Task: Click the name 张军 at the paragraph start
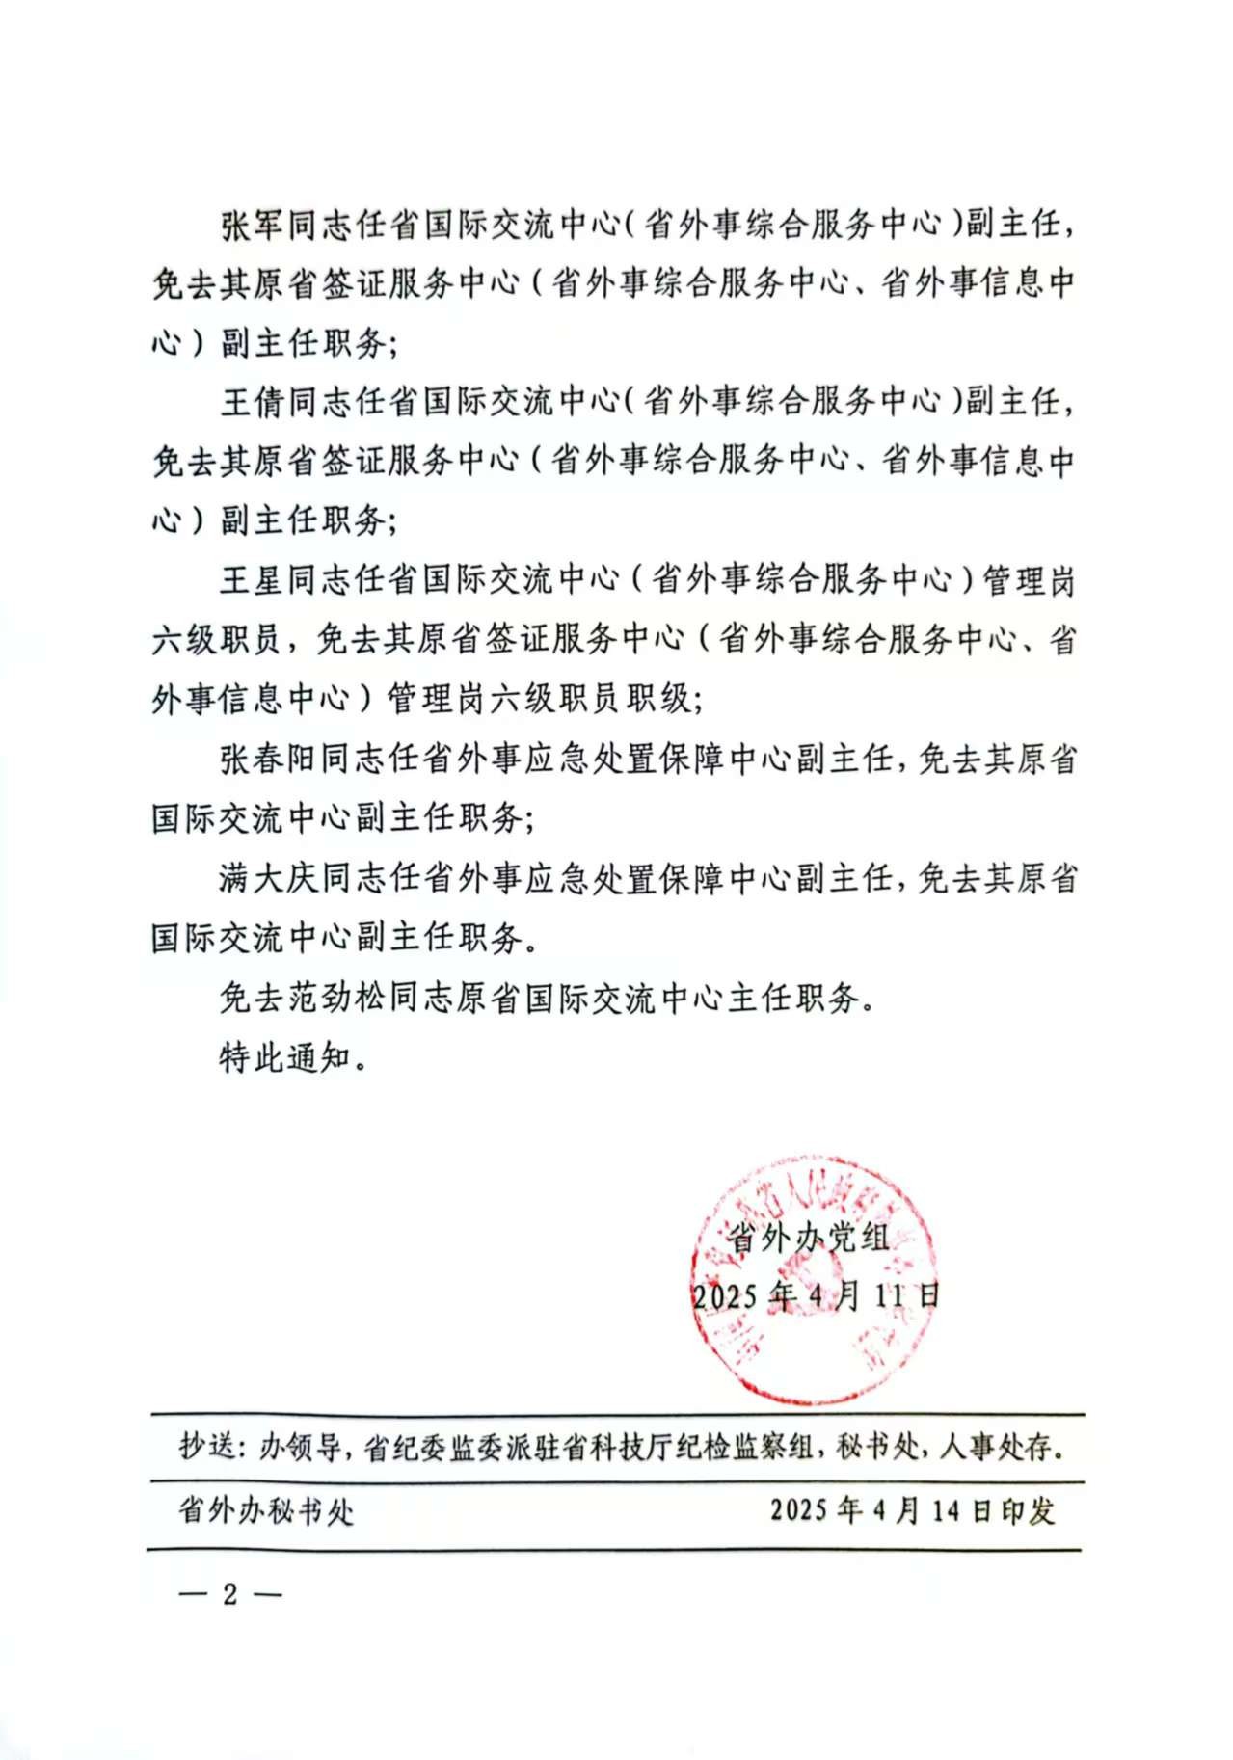coord(253,226)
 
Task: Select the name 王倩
coord(253,402)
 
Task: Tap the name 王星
coord(253,580)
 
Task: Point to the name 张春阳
coord(269,760)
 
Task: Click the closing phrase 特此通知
coord(285,1057)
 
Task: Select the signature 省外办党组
coord(808,1237)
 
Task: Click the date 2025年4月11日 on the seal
coord(816,1295)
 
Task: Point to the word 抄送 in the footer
coord(206,1446)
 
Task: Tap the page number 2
coord(229,1594)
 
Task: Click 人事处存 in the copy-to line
coord(997,1446)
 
